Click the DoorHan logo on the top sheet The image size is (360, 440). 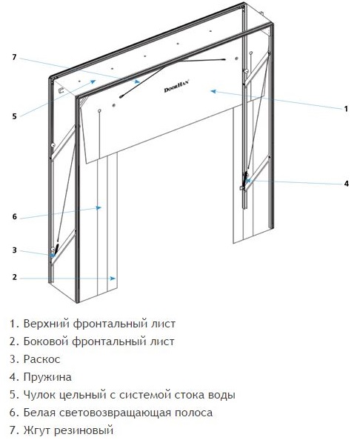[177, 87]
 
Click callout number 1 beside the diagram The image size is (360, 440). [346, 109]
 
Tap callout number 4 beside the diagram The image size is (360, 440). [346, 184]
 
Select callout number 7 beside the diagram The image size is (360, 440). [14, 57]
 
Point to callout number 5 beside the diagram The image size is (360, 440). [14, 116]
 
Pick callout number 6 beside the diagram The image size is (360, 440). [15, 216]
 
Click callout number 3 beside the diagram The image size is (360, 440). [15, 250]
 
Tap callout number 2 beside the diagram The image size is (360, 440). [15, 277]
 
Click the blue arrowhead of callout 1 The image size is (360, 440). [213, 91]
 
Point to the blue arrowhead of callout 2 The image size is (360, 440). [113, 279]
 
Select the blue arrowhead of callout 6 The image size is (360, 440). [99, 207]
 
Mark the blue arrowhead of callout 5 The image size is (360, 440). [93, 81]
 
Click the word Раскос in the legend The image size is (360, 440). [41, 359]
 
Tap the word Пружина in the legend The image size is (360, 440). [47, 377]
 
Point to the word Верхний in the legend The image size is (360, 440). [47, 324]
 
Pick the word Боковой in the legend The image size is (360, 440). [46, 341]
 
